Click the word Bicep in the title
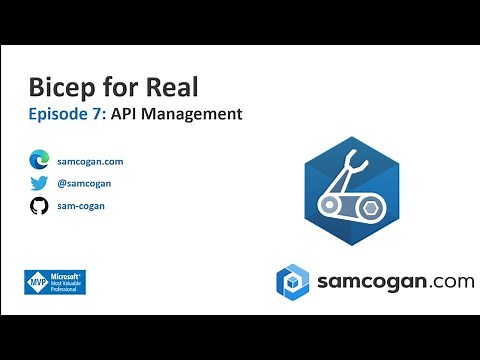click(62, 88)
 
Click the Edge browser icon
click(39, 160)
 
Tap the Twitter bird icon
click(39, 183)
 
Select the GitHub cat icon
click(39, 206)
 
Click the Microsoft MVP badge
click(54, 283)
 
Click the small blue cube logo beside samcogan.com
click(293, 281)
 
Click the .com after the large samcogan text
click(452, 282)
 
